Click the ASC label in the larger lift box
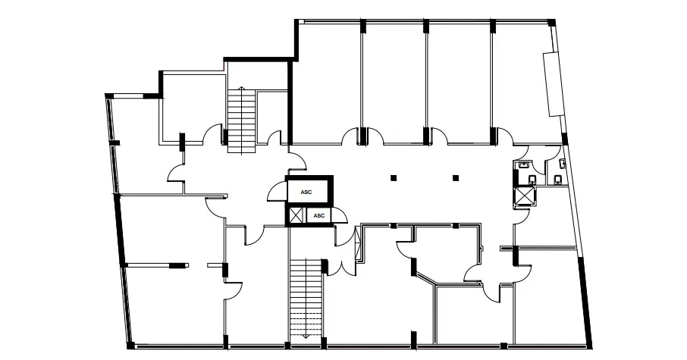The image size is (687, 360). point(306,193)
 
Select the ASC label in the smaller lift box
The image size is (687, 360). point(319,215)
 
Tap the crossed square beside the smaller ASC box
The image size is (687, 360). point(296,215)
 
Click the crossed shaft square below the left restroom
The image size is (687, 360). point(525,196)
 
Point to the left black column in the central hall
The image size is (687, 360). point(394,178)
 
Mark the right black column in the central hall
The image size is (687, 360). point(456,178)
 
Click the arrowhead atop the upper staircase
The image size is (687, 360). point(241,89)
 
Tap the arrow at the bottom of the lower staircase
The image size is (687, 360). point(306,335)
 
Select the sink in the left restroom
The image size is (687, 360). point(523,164)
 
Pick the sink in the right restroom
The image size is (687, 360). point(563,164)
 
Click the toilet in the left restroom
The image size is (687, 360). point(532,179)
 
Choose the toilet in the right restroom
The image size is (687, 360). point(558,180)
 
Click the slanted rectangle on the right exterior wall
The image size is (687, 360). point(553,84)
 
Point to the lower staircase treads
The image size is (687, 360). point(306,298)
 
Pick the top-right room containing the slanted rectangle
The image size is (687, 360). point(525,83)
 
